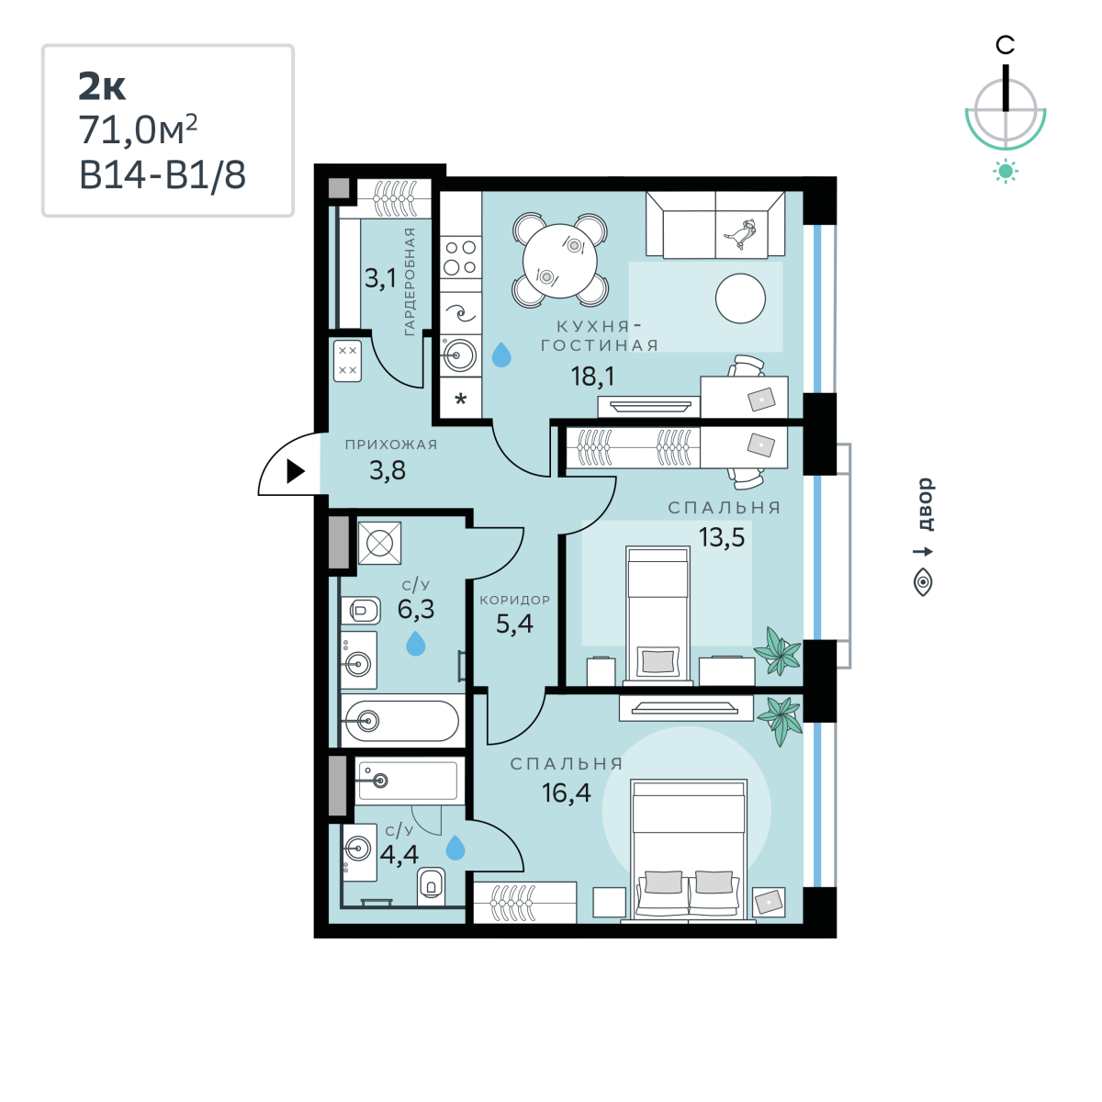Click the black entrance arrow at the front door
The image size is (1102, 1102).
(x=295, y=471)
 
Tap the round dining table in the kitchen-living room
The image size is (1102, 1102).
(x=560, y=261)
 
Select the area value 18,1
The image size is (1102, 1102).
(x=593, y=377)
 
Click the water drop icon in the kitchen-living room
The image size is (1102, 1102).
(x=501, y=354)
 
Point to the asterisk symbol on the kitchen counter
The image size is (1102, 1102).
(x=460, y=399)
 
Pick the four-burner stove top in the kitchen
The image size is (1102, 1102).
(x=460, y=257)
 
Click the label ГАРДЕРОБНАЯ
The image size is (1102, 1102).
(x=410, y=281)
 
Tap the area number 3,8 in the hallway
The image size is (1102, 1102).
(x=388, y=471)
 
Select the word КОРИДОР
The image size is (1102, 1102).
(x=514, y=600)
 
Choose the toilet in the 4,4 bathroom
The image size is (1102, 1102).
(x=432, y=886)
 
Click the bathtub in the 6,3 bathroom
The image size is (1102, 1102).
(x=402, y=722)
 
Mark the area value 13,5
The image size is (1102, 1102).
(x=722, y=537)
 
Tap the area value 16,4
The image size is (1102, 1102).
(x=567, y=793)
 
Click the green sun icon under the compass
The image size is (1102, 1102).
(x=1006, y=172)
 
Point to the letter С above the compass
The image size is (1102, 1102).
(x=1005, y=45)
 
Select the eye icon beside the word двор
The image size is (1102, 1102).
(x=923, y=583)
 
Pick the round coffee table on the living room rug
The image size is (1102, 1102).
(x=740, y=298)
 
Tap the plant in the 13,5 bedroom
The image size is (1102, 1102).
(x=778, y=651)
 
